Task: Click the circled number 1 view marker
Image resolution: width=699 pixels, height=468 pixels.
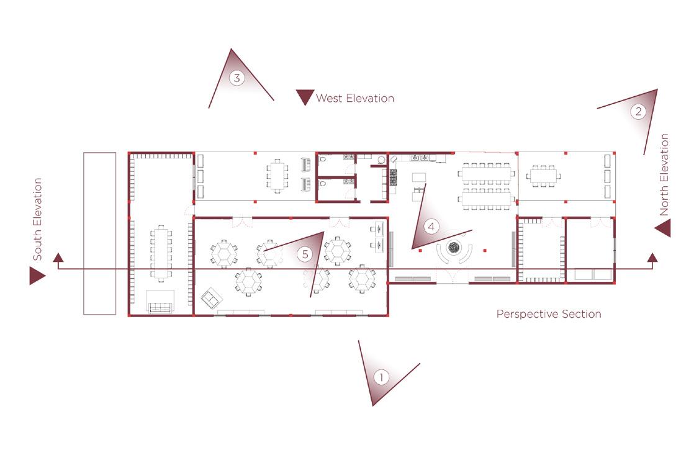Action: click(x=381, y=377)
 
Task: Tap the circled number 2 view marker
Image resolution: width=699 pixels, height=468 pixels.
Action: click(x=638, y=112)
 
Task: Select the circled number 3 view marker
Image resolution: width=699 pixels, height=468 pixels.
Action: click(x=237, y=78)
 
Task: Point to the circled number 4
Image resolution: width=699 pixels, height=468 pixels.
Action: click(x=431, y=227)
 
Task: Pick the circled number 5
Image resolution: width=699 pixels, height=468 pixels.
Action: click(x=304, y=254)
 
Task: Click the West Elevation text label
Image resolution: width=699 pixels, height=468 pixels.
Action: click(x=354, y=98)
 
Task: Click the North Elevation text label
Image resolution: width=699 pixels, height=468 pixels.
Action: click(x=664, y=175)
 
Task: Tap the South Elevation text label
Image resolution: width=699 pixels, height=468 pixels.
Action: click(x=37, y=219)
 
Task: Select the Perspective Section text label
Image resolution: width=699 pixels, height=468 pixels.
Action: click(x=548, y=314)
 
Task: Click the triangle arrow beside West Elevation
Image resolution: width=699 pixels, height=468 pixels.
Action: click(x=304, y=97)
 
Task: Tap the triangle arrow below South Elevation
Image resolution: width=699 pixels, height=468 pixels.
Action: click(x=37, y=276)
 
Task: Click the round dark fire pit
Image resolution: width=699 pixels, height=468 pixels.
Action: click(x=455, y=250)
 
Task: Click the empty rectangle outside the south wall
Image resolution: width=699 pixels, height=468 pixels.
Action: click(x=99, y=233)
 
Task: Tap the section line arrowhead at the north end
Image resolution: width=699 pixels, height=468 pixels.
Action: click(x=652, y=258)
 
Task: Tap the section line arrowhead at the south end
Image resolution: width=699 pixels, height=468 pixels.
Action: click(x=58, y=258)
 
